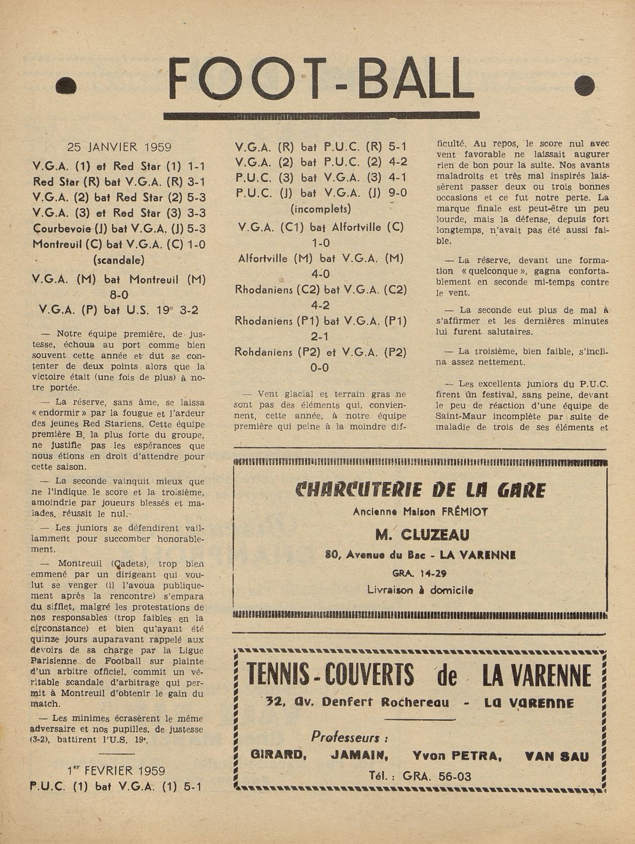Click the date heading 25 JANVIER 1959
click(119, 148)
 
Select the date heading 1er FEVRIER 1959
click(116, 771)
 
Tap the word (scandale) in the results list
click(119, 260)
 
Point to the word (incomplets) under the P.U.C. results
click(321, 209)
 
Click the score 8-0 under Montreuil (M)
click(119, 295)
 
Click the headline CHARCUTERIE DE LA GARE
click(420, 490)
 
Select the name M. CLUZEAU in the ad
click(422, 535)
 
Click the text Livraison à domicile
click(420, 590)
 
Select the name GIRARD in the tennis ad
click(278, 756)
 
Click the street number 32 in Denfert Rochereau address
click(274, 702)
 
